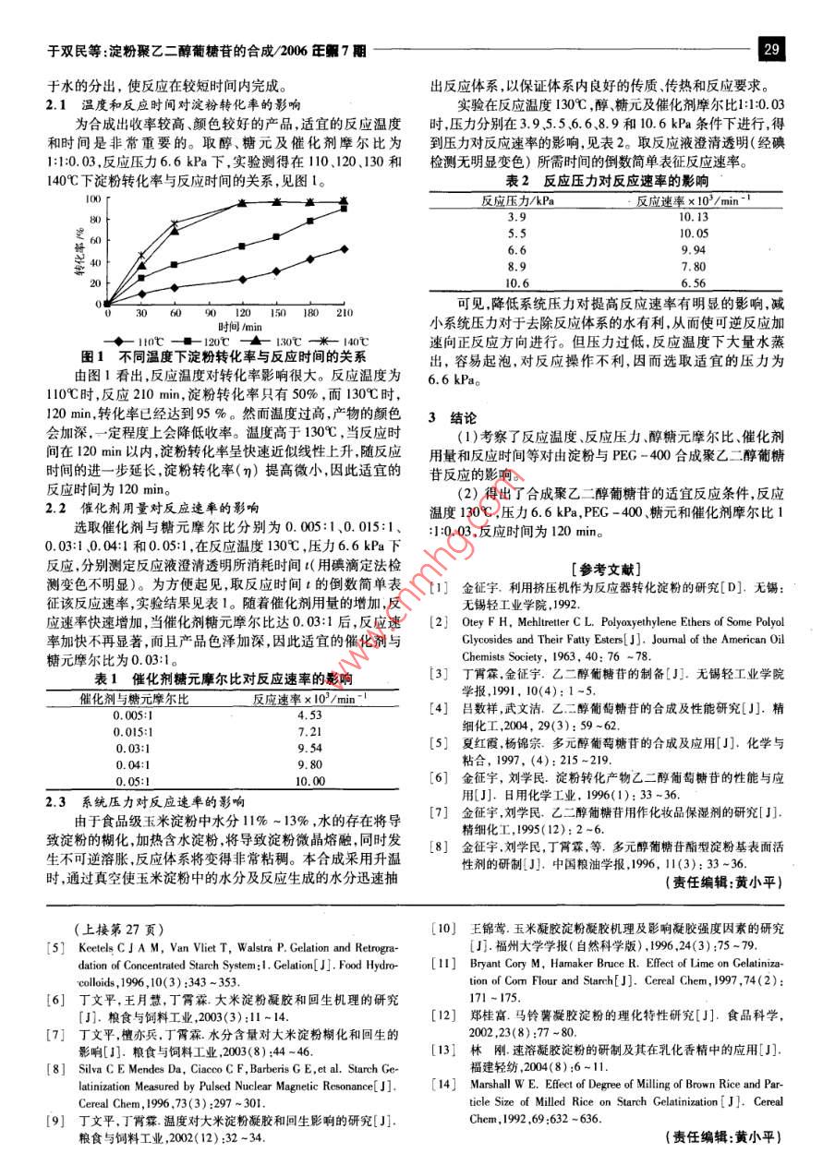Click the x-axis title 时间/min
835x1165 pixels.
238,327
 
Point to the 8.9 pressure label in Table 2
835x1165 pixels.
517,267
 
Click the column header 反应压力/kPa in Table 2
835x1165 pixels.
518,199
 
